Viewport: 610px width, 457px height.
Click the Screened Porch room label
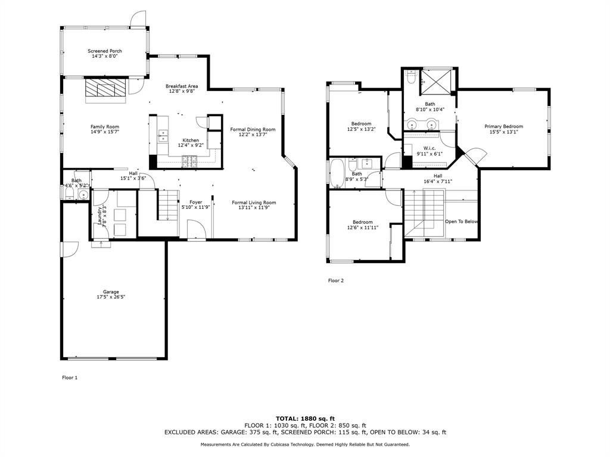coord(105,51)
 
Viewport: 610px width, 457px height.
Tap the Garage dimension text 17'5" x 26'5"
coord(111,298)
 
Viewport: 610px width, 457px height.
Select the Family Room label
coord(105,127)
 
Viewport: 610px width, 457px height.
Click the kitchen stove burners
coord(189,161)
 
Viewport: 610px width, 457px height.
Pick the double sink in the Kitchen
coord(163,136)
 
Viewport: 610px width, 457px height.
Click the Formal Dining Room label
coord(253,129)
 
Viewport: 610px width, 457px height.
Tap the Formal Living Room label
coord(254,202)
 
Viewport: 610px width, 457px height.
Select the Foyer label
coord(195,202)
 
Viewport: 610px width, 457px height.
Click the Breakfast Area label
coord(182,86)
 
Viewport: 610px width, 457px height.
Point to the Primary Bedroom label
coord(504,126)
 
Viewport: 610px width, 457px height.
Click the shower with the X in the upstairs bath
coord(438,82)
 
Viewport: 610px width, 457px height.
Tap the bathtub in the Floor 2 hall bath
coord(336,173)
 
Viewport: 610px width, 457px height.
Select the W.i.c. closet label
coord(430,148)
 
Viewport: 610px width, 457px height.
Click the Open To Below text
coord(462,221)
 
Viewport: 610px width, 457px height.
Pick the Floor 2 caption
coord(336,281)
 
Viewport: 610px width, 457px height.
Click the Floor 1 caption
coord(70,378)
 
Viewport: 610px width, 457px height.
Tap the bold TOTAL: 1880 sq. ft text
coord(306,418)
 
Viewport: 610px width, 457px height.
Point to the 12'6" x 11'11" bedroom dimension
coord(363,228)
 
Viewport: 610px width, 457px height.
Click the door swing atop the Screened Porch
coord(138,18)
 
